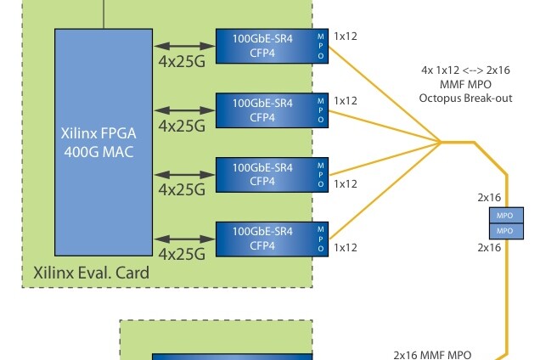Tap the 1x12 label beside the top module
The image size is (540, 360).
pos(346,37)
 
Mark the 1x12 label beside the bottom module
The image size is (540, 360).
pos(346,247)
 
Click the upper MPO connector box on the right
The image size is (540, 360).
pos(503,216)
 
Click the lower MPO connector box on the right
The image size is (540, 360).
pos(503,230)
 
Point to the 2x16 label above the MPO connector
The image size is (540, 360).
pos(489,197)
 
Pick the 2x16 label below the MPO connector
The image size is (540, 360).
pos(489,248)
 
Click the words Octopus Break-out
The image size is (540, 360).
pos(466,98)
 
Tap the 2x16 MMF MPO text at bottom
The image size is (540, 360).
pos(432,354)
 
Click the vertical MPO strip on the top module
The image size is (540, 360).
pos(320,45)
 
